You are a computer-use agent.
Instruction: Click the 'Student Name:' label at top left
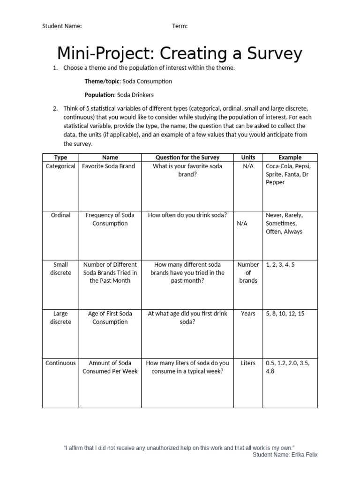tap(62, 26)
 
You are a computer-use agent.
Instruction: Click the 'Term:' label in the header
tap(180, 26)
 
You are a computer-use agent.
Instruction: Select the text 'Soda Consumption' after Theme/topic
tap(147, 81)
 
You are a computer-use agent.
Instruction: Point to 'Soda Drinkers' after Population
tap(135, 95)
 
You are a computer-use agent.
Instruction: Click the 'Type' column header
tap(60, 157)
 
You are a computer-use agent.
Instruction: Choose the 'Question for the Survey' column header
tap(187, 157)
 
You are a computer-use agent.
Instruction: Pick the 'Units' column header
tap(248, 157)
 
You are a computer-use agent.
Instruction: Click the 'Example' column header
tap(290, 157)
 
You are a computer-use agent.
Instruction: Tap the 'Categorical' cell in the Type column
tap(60, 166)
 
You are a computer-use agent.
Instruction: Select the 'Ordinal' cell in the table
tap(60, 215)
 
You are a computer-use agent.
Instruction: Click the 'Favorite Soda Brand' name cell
tap(108, 166)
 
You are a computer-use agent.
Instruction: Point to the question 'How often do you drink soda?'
tap(187, 215)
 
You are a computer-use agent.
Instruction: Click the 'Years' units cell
tap(248, 314)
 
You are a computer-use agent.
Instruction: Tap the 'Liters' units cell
tap(248, 363)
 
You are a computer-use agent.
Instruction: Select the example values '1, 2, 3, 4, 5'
tap(280, 264)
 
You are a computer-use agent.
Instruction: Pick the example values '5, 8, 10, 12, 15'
tap(285, 314)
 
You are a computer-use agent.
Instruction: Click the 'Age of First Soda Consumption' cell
tap(110, 318)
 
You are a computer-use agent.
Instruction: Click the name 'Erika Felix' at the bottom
tap(307, 455)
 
